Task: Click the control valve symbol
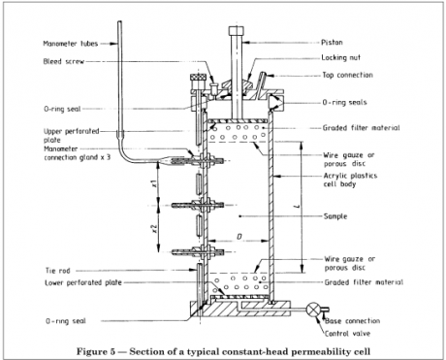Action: (313, 310)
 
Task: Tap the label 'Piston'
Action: (332, 43)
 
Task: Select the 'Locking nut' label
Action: (340, 58)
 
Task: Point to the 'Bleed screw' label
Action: (64, 61)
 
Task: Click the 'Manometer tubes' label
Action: (71, 44)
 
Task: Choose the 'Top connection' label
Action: (347, 76)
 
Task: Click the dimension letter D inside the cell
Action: (239, 237)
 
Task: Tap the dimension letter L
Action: (298, 206)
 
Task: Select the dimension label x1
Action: (154, 183)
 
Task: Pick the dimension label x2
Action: (154, 229)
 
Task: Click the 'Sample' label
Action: (335, 216)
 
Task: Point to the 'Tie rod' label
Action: (58, 271)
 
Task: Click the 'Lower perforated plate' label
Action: (83, 282)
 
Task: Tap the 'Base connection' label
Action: (353, 321)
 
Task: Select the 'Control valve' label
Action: (347, 334)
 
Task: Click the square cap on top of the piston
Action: (238, 31)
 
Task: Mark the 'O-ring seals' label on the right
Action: (344, 103)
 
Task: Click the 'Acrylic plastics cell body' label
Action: (351, 180)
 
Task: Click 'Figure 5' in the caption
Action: (96, 351)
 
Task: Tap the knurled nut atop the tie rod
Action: (198, 78)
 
